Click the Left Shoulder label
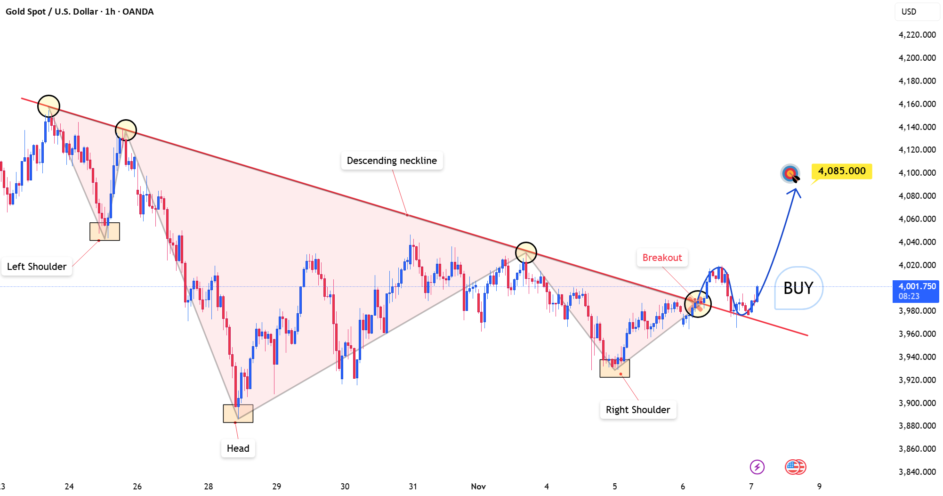[x=37, y=267]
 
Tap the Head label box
[x=238, y=448]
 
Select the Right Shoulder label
[x=638, y=410]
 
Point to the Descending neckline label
[x=392, y=161]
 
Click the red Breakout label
[x=662, y=258]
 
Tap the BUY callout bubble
[x=798, y=288]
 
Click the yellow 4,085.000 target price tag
[x=842, y=171]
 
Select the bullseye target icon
[x=790, y=174]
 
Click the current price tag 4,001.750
[x=916, y=291]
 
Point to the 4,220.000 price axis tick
[x=917, y=35]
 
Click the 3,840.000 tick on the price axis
[x=917, y=472]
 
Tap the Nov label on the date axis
[x=478, y=487]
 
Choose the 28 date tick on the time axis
[x=209, y=487]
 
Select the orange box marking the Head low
[x=238, y=414]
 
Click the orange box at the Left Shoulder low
[x=105, y=232]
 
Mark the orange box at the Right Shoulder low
[x=615, y=368]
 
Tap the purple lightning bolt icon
[x=757, y=467]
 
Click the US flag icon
[x=795, y=467]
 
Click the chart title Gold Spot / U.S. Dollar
[x=52, y=12]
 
